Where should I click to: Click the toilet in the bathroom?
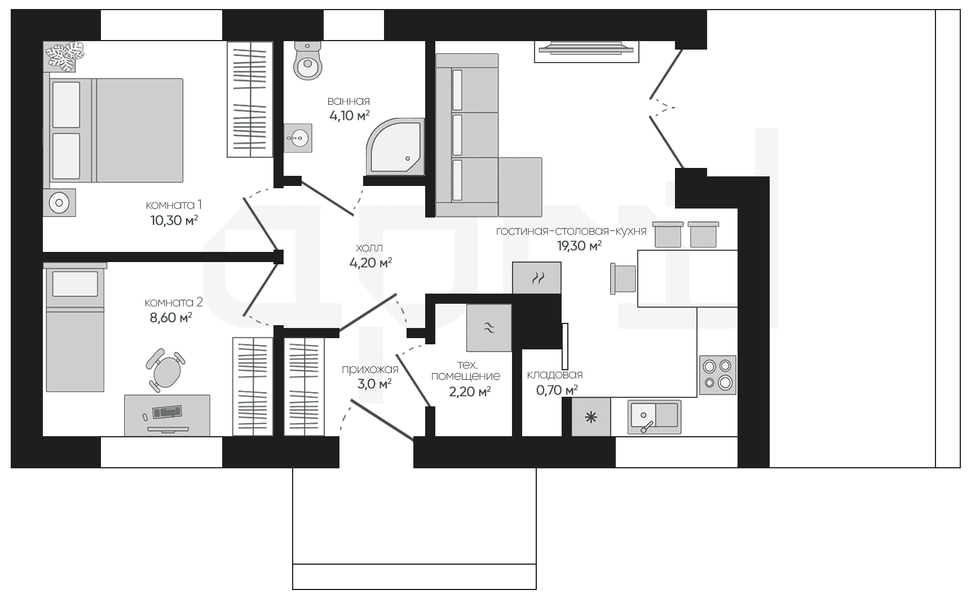(308, 60)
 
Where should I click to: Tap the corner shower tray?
(395, 147)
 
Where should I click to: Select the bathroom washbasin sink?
(298, 138)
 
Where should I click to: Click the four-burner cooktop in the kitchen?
(718, 375)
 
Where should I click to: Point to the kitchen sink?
(655, 416)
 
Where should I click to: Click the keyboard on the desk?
(167, 413)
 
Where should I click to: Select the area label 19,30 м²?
(579, 246)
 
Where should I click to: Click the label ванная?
(348, 101)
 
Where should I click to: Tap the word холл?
(369, 248)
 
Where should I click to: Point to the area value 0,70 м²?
(557, 390)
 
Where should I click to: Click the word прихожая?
(370, 370)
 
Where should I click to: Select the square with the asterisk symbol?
(591, 417)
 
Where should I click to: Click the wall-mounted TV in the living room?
(586, 48)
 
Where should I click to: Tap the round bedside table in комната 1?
(59, 202)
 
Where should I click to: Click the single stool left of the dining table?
(624, 279)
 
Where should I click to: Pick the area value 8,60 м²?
(171, 318)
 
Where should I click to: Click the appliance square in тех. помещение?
(489, 328)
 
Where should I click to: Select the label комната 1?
(174, 205)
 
